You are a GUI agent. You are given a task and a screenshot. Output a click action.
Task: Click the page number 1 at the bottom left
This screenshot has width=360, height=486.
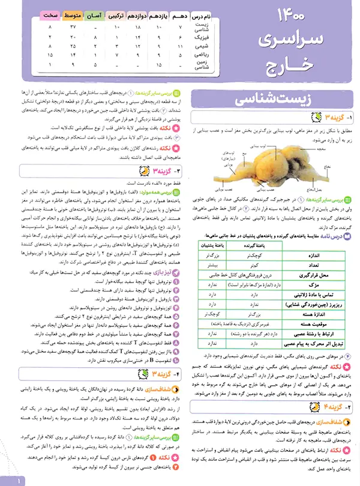click(x=20, y=480)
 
